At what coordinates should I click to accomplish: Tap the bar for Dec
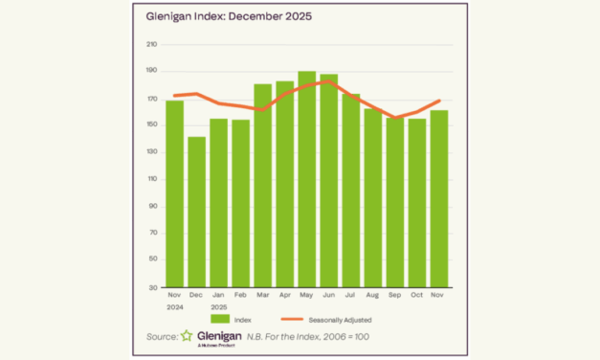pyautogui.click(x=196, y=212)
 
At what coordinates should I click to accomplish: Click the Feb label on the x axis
pyautogui.click(x=240, y=295)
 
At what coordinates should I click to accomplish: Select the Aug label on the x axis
pyautogui.click(x=372, y=295)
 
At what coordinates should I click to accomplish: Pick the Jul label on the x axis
pyautogui.click(x=350, y=295)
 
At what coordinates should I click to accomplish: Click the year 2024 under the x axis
pyautogui.click(x=174, y=307)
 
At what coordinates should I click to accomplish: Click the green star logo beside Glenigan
pyautogui.click(x=186, y=337)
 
